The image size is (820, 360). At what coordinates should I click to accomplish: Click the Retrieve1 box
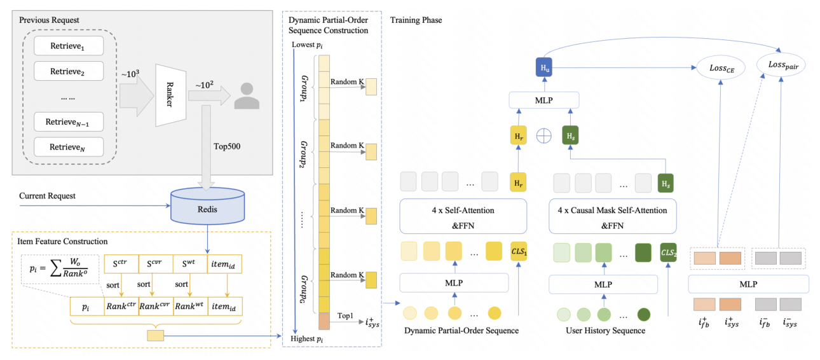point(69,46)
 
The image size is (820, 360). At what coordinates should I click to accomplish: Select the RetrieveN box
point(69,147)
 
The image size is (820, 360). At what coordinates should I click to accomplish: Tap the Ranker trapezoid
point(170,95)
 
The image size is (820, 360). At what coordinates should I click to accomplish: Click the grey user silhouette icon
point(247,96)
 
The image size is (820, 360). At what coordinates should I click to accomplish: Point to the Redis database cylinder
point(208,206)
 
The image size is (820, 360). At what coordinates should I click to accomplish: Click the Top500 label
point(227,146)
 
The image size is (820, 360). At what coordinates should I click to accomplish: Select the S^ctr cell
point(121,264)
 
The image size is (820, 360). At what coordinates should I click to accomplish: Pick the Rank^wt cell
point(190,306)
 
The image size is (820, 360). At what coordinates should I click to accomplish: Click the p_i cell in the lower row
point(87,306)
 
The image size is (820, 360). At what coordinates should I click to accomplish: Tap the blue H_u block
point(544,67)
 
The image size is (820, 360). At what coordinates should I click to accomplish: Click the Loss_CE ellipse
point(721,68)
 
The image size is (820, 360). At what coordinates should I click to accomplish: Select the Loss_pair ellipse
point(781,65)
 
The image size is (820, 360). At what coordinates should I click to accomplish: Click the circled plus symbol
point(543,136)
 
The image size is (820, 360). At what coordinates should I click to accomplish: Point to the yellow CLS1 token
point(519,251)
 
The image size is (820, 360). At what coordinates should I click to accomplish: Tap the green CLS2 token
point(669,253)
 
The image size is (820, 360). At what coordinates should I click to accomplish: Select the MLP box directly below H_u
point(544,100)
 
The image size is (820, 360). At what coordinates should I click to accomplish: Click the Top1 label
point(345,315)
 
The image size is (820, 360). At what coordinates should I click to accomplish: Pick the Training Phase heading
point(416,20)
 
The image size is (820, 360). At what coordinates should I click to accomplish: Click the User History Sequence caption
point(606,330)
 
